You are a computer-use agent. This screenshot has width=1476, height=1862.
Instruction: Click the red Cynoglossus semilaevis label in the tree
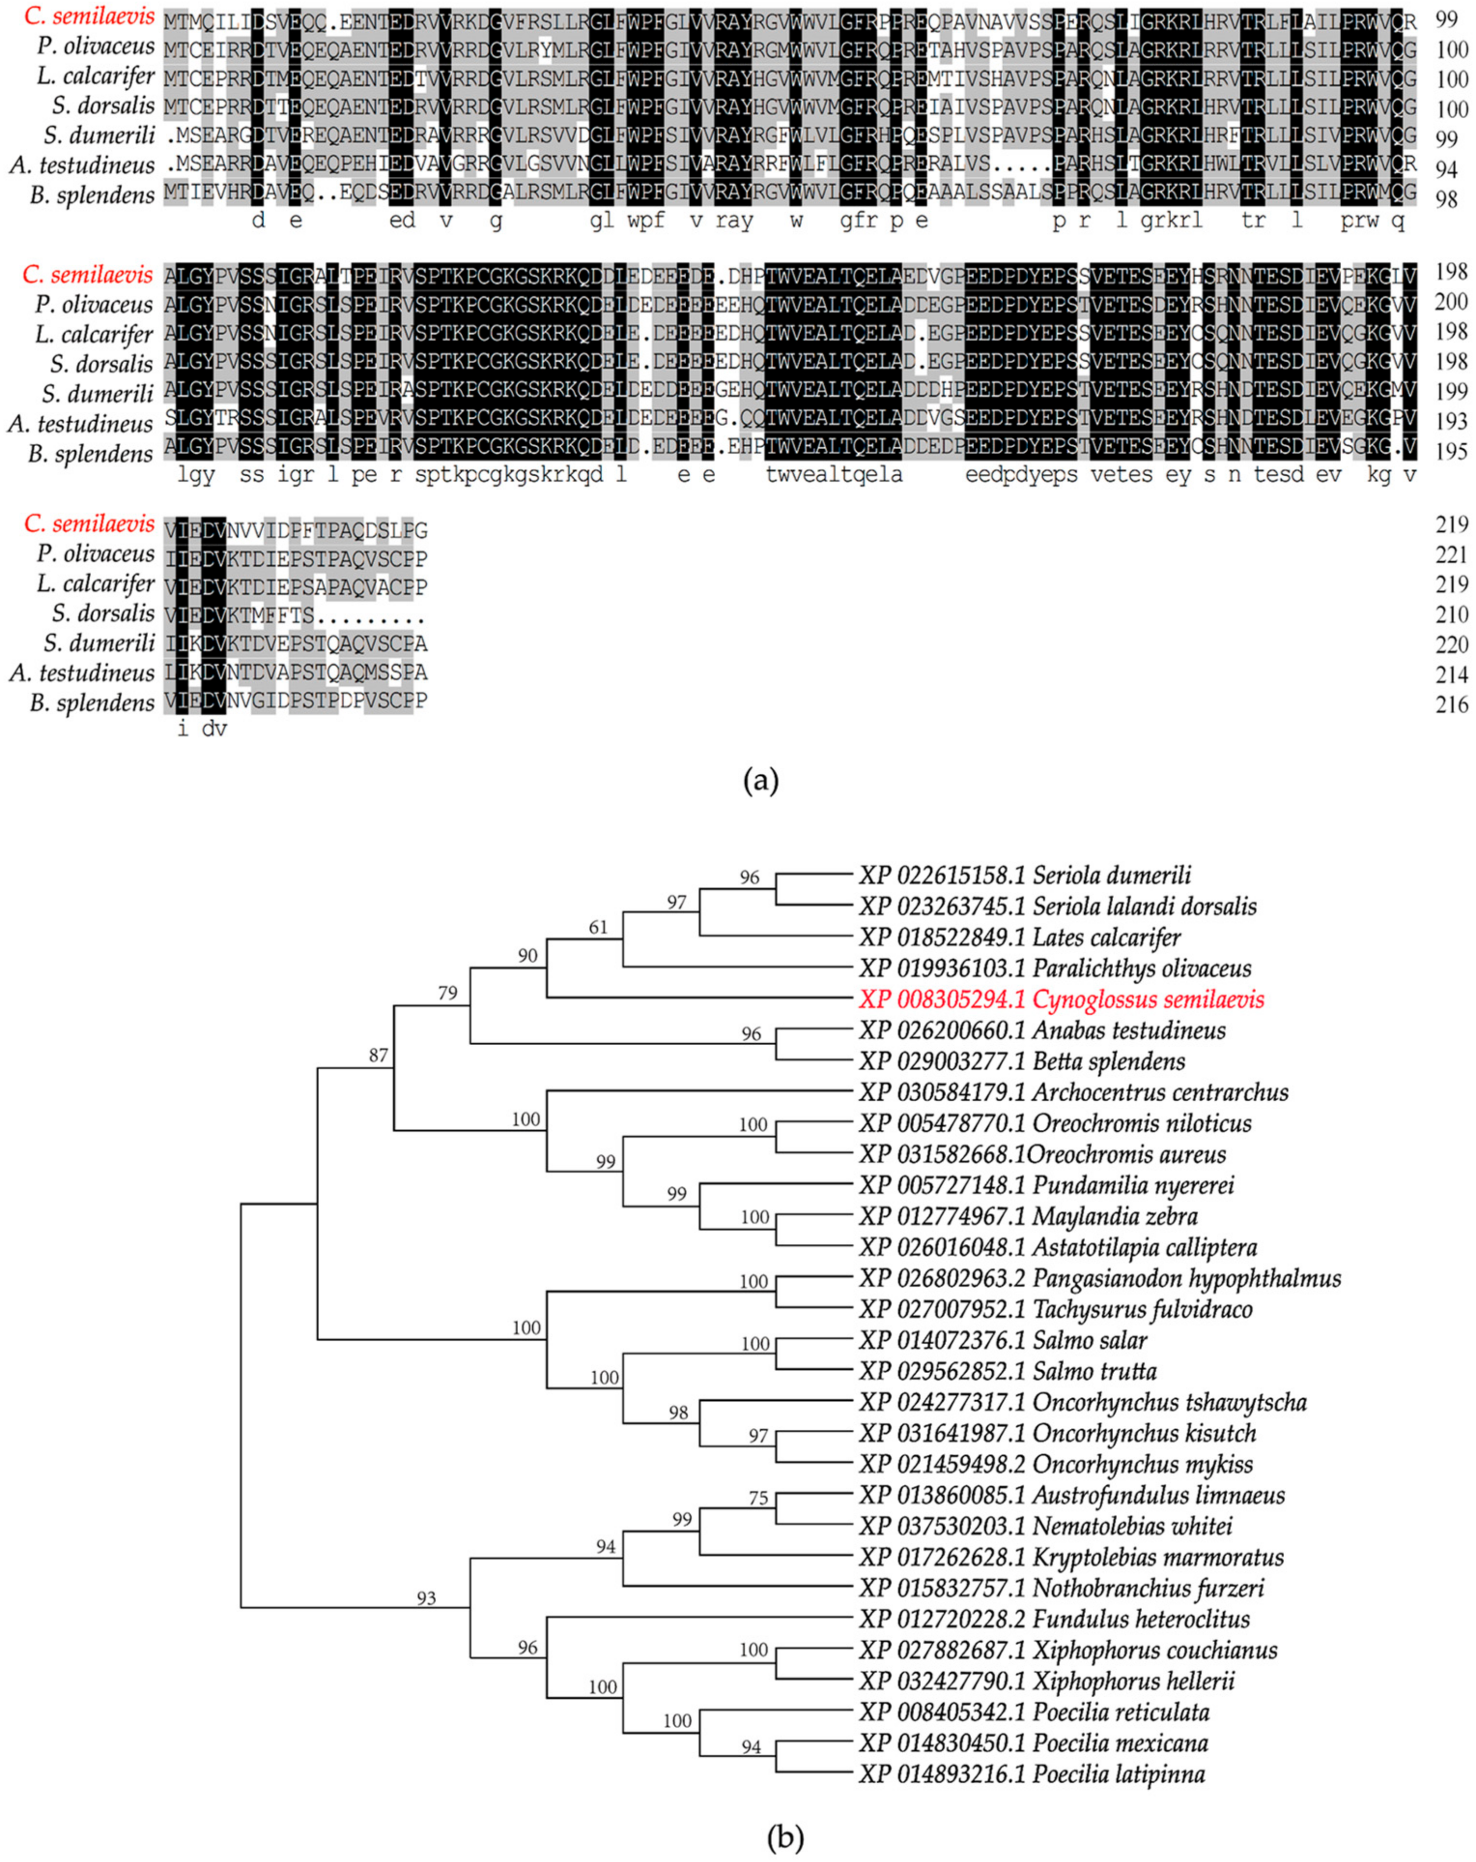[1061, 1000]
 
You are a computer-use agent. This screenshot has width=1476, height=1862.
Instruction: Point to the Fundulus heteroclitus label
[1054, 1620]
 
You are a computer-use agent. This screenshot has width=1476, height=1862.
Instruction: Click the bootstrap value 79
[447, 993]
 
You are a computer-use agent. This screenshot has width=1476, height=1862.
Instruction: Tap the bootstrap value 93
[426, 1599]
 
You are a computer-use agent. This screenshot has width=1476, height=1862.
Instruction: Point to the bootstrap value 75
[758, 1498]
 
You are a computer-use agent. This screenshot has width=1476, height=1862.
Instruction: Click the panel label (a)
[761, 781]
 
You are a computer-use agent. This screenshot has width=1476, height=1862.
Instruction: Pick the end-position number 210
[1451, 615]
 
